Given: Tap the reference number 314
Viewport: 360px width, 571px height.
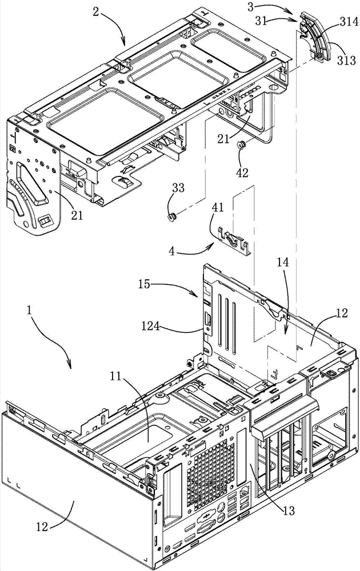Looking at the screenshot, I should coord(350,22).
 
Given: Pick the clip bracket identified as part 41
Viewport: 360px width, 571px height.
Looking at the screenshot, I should coord(233,239).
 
